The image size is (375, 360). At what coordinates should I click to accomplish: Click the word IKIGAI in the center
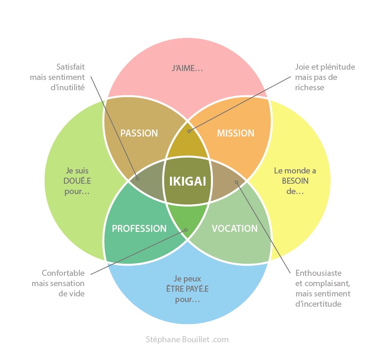pos(187,181)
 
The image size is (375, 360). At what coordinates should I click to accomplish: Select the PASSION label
pos(139,133)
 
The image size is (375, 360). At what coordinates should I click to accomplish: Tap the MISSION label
pos(236,133)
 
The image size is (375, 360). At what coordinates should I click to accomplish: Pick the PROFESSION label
pos(139,229)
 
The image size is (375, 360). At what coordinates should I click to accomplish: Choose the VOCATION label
pos(234,229)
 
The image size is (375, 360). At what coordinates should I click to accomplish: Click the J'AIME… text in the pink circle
pos(187,69)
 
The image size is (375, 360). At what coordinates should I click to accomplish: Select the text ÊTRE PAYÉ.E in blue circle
pos(187,289)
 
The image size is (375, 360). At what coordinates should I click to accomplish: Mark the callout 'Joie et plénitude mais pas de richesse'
pos(325,77)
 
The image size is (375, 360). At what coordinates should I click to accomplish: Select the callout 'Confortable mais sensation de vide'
pos(58,283)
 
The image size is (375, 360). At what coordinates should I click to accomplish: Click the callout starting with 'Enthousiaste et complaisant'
pos(323,288)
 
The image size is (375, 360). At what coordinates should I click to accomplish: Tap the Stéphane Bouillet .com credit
pos(187,339)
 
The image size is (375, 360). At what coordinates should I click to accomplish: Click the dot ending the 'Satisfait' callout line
pos(137,178)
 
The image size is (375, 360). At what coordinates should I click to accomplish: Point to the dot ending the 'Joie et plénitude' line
pos(188,131)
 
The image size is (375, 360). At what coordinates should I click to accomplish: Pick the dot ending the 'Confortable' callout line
pos(186,230)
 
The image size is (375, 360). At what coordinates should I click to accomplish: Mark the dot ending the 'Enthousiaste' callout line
pos(236,181)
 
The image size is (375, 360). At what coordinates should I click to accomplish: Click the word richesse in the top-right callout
pos(310,87)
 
